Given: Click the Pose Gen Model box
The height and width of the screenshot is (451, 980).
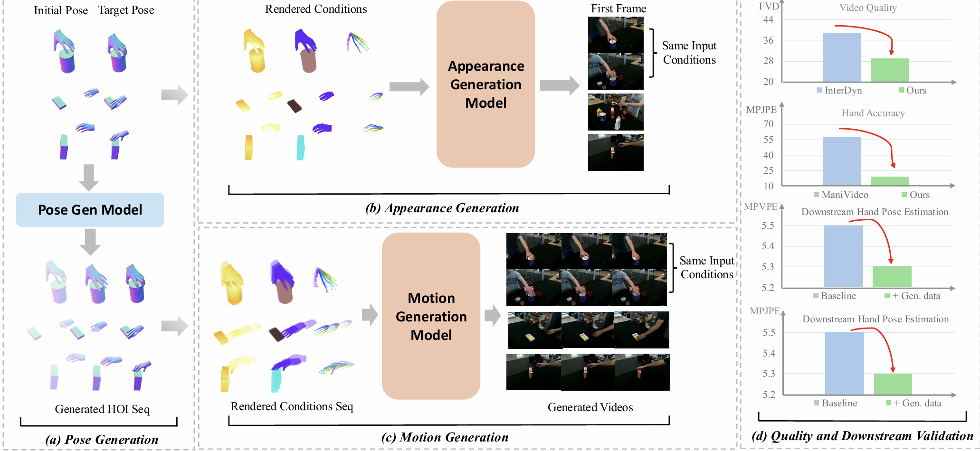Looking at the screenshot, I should (x=90, y=209).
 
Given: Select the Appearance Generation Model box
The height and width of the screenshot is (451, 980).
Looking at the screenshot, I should (x=485, y=85).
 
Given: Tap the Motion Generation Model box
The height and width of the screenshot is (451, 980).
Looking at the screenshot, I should (x=431, y=316).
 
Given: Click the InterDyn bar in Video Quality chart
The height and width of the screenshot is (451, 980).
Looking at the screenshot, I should (x=842, y=57).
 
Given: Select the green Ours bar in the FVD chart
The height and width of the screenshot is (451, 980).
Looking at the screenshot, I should (x=889, y=70).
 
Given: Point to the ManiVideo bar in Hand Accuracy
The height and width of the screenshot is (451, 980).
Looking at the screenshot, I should (x=842, y=161).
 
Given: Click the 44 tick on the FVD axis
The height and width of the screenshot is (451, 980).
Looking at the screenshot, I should (x=768, y=19).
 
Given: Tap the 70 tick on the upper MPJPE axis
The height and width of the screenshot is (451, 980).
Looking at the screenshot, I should (x=768, y=124).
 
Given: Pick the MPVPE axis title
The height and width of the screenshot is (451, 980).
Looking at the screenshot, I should (x=761, y=207).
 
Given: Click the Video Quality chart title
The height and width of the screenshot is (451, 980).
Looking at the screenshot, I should (x=868, y=8).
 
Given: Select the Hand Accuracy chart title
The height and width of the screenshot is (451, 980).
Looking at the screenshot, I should (x=873, y=113).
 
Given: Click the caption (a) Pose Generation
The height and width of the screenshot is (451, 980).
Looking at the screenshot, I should (x=102, y=440).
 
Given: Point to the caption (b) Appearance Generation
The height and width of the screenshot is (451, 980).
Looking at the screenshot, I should (x=442, y=208).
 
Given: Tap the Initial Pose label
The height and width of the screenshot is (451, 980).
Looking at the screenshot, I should (x=61, y=10).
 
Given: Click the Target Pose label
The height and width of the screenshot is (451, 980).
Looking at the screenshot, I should (x=126, y=10).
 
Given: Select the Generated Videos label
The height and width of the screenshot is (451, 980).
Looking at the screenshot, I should (x=590, y=407).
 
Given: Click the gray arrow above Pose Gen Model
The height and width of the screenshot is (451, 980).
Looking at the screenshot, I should (x=89, y=177).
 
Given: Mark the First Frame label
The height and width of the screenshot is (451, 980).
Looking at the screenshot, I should (x=618, y=9).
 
